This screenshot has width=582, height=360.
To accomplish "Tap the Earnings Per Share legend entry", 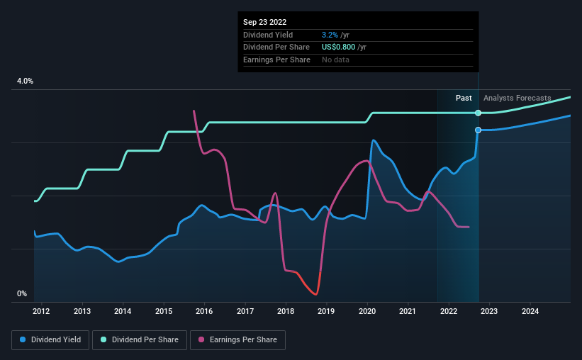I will point(240,340).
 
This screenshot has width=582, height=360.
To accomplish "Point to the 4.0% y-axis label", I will point(25,81).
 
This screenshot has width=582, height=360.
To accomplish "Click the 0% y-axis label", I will point(21,293).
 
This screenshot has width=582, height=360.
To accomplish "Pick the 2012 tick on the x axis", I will point(41,311).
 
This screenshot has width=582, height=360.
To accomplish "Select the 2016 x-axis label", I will point(204,311).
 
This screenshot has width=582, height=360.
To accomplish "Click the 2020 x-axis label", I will point(367,311).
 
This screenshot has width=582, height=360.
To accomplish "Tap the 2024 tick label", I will point(530,311).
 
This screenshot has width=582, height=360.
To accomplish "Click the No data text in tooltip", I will point(335,60).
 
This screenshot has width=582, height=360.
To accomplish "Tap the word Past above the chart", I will point(464,99).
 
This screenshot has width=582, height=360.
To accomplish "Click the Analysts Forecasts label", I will point(517,99).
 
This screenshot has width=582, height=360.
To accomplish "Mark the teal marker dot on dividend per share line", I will point(479,113).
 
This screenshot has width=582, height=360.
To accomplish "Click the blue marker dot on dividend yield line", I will point(479,130).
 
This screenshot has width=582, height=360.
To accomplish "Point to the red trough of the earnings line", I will point(313,292).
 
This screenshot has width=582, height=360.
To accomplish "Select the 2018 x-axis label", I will point(286,311).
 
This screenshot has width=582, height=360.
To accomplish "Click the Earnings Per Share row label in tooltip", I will point(276,60).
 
